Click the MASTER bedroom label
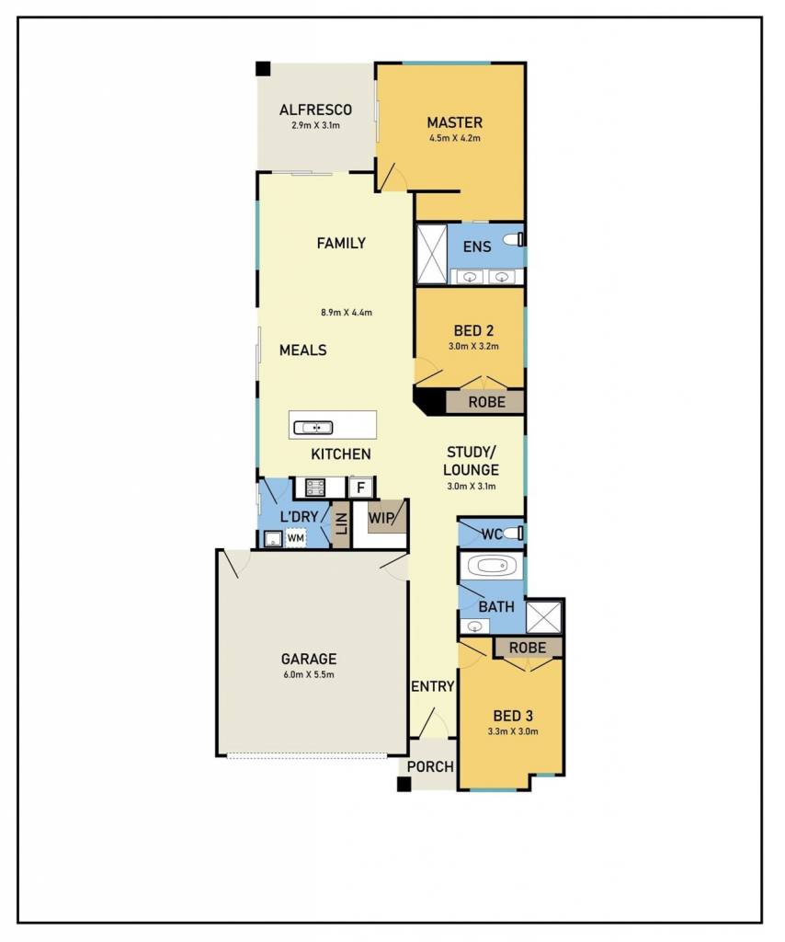[x=454, y=122]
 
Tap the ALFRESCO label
[x=315, y=110]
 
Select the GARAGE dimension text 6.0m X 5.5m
[x=309, y=674]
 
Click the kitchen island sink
[x=313, y=428]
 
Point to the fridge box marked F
[x=360, y=488]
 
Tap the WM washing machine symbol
[x=295, y=537]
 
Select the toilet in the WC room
[x=513, y=533]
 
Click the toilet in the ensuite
[x=514, y=239]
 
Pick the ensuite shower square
[x=432, y=254]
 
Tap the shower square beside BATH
[x=544, y=616]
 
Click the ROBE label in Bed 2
[x=487, y=402]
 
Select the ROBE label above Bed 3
[x=528, y=648]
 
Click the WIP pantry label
[x=381, y=517]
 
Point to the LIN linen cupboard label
[x=341, y=524]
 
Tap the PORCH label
[x=430, y=766]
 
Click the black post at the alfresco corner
[x=264, y=68]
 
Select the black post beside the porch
[x=404, y=784]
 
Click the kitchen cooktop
[x=315, y=488]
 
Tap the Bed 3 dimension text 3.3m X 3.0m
[x=513, y=731]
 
